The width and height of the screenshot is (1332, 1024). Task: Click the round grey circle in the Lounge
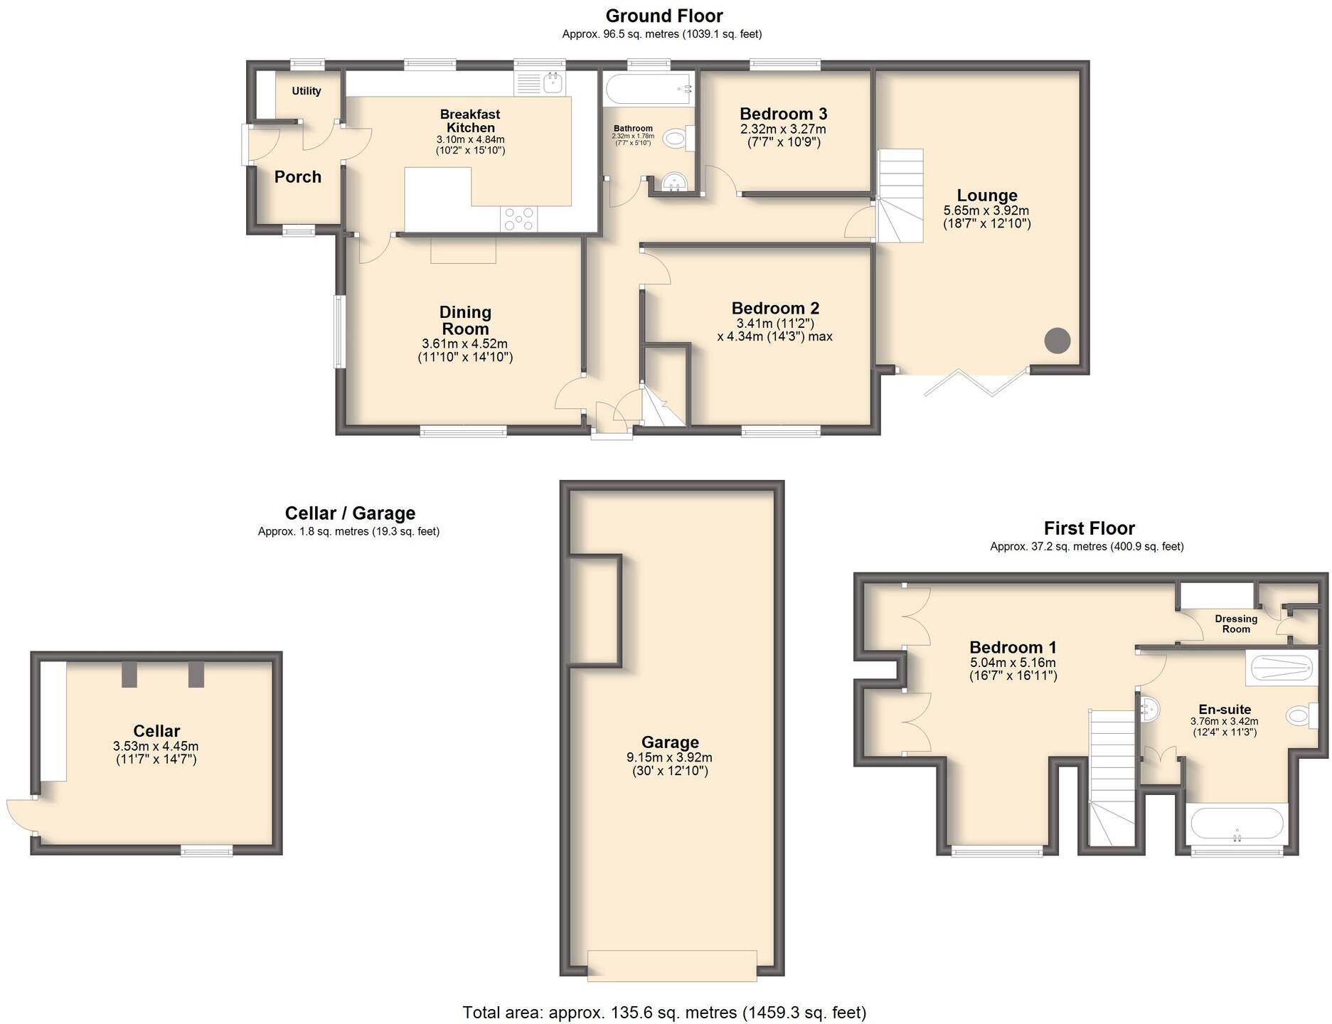click(x=1057, y=341)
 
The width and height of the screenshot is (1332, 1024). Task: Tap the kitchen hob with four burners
click(x=518, y=218)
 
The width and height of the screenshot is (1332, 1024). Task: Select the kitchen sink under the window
click(x=553, y=84)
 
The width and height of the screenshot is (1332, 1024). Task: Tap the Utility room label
click(x=307, y=91)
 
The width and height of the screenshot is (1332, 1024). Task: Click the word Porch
click(x=298, y=177)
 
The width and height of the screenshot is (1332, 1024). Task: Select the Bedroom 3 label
click(x=783, y=114)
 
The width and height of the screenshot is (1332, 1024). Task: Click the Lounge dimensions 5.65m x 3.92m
click(x=986, y=210)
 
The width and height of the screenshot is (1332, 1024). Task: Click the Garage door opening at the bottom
click(x=671, y=966)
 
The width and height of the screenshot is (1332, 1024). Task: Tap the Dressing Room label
click(x=1236, y=624)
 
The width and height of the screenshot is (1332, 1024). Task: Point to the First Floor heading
click(x=1089, y=528)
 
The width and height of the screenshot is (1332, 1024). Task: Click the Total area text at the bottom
click(x=664, y=1012)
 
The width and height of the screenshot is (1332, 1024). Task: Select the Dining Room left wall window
click(x=340, y=332)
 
